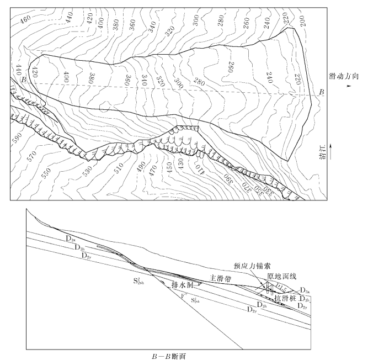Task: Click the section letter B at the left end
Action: pos(23,81)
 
